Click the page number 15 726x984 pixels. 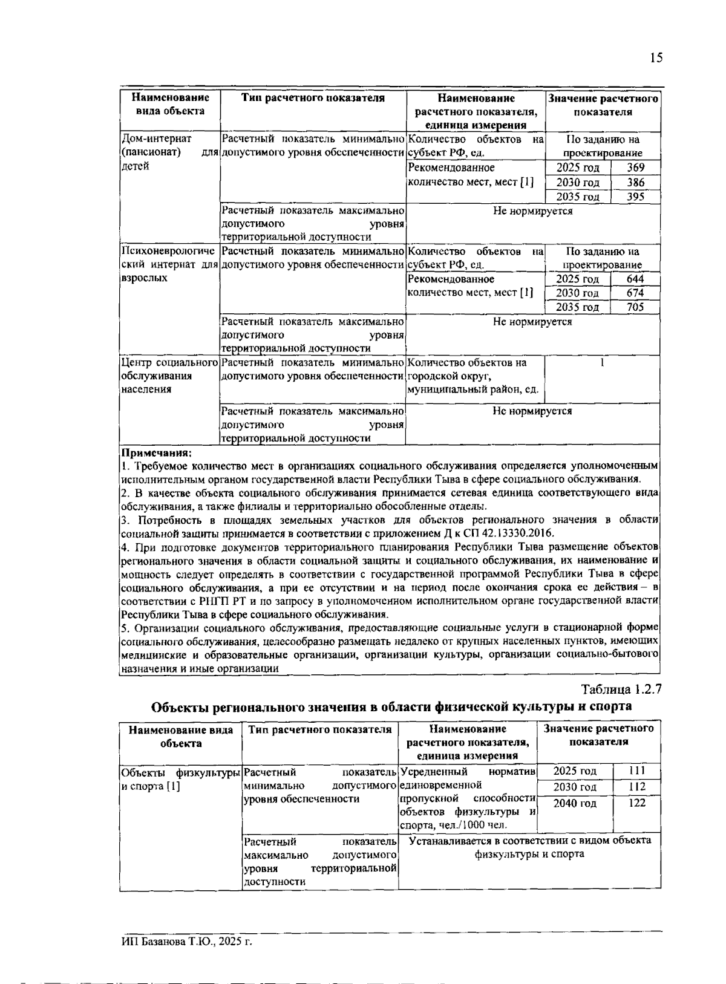656,58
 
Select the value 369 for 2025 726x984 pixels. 635,168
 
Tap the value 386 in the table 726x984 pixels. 635,182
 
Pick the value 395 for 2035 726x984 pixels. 635,197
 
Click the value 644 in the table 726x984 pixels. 635,279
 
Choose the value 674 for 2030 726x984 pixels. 635,293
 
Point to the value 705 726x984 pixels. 635,307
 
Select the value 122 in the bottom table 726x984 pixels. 636,803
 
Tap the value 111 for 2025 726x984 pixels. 636,771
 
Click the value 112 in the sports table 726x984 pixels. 636,787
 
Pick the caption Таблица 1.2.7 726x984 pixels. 622,689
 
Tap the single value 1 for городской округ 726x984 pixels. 602,363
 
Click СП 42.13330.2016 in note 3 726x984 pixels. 513,533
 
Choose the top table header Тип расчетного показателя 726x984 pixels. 313,98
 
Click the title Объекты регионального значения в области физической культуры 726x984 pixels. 391,706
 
